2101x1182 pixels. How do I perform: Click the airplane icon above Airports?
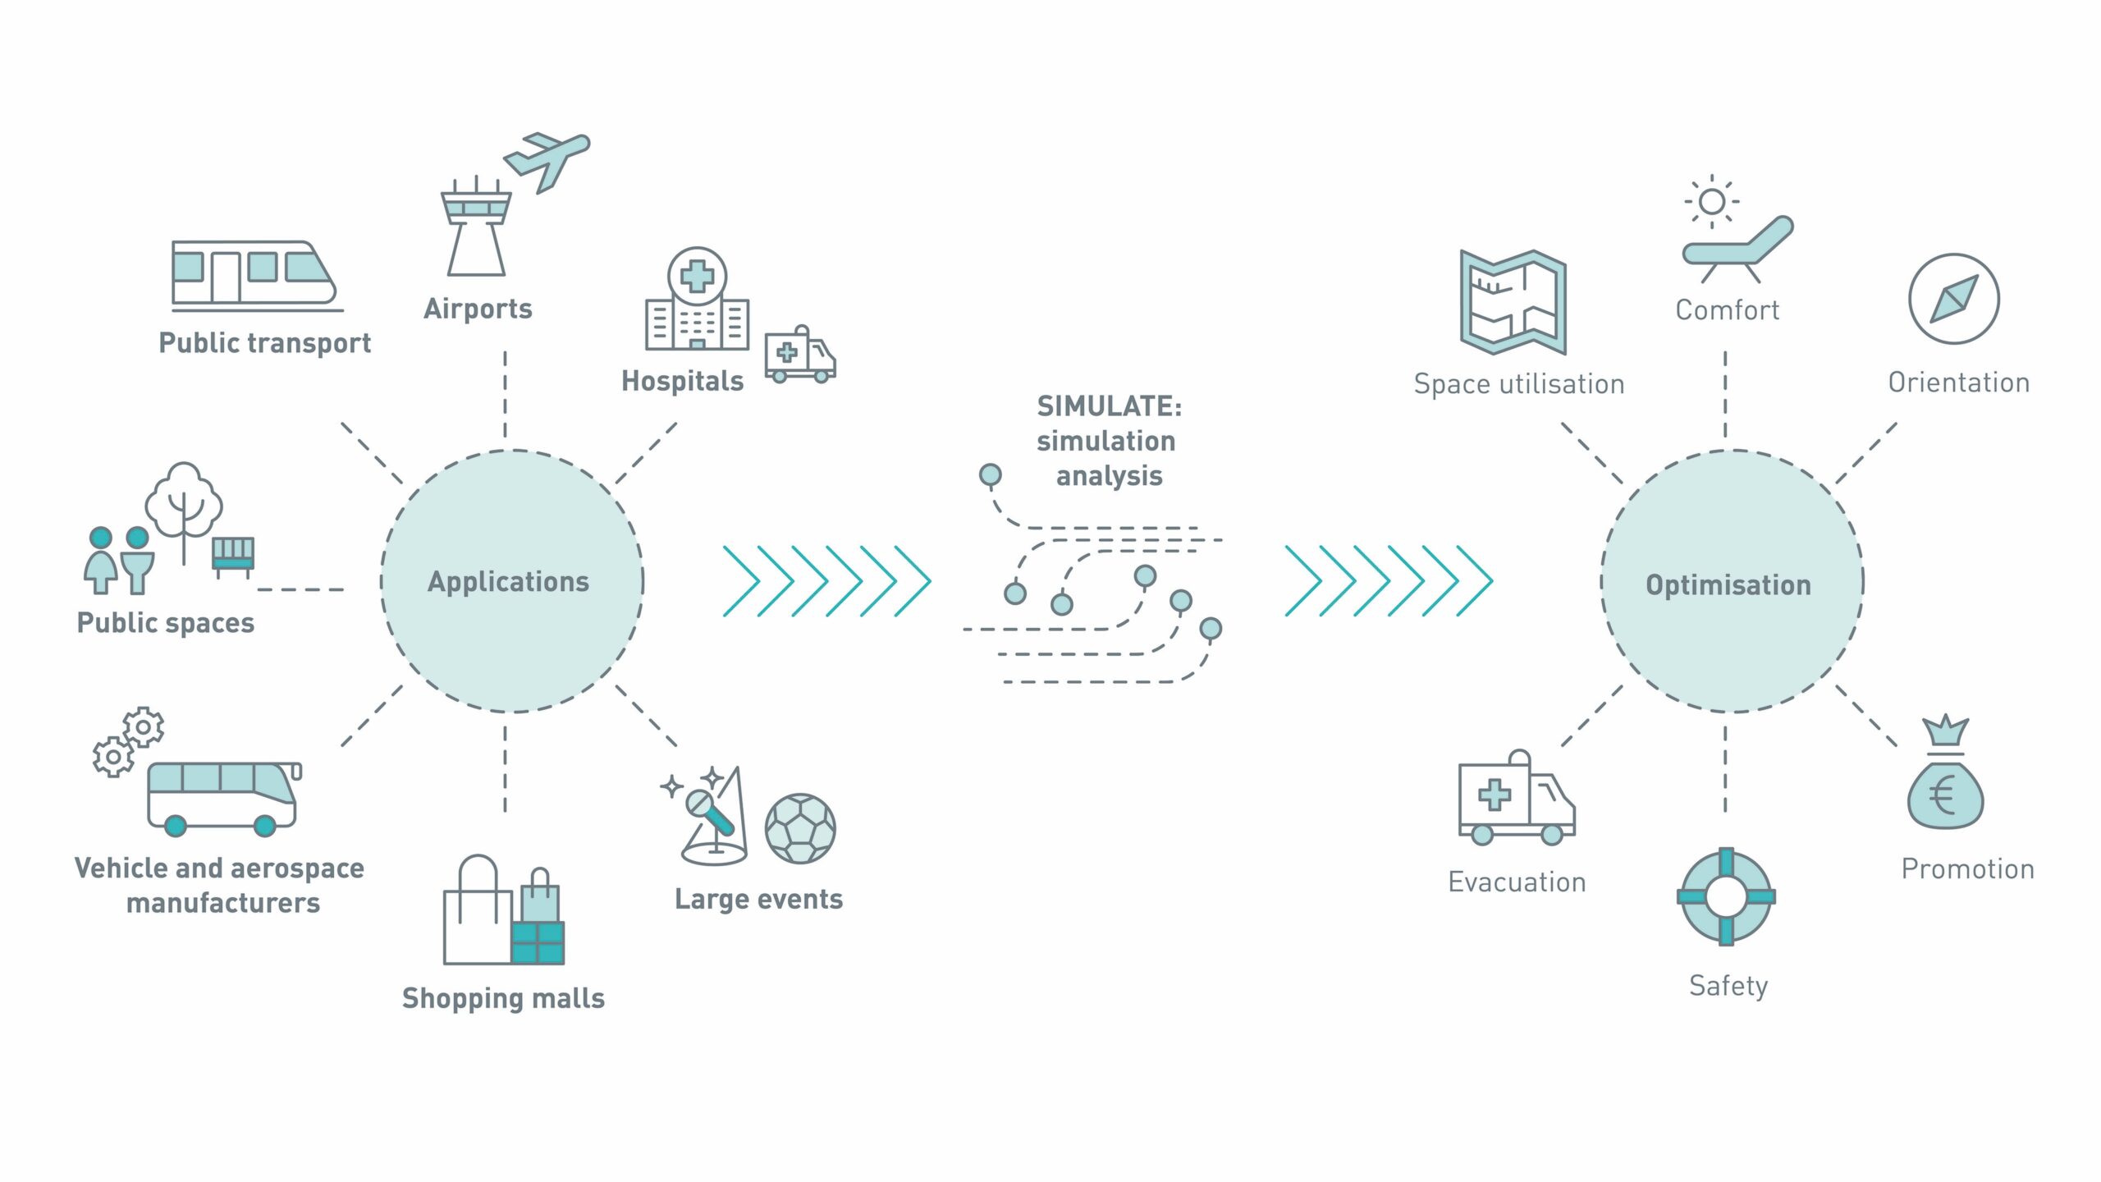coord(546,160)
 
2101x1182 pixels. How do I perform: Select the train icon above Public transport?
coord(254,273)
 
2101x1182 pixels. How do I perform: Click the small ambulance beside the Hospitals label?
coord(799,355)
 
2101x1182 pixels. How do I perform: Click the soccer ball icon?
coord(800,828)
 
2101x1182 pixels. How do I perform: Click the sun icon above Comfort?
coord(1712,201)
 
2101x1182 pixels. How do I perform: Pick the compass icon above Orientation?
coord(1953,299)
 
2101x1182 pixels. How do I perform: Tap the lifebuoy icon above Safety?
coord(1726,896)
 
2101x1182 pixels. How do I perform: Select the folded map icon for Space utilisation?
coord(1513,302)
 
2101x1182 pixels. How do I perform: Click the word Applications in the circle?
coord(509,581)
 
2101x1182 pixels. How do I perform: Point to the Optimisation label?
coord(1728,584)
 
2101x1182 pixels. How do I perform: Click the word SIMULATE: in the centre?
coord(1109,405)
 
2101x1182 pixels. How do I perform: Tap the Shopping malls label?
coord(503,998)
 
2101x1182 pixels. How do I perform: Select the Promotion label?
coord(1967,869)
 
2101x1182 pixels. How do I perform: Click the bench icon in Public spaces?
coord(233,554)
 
